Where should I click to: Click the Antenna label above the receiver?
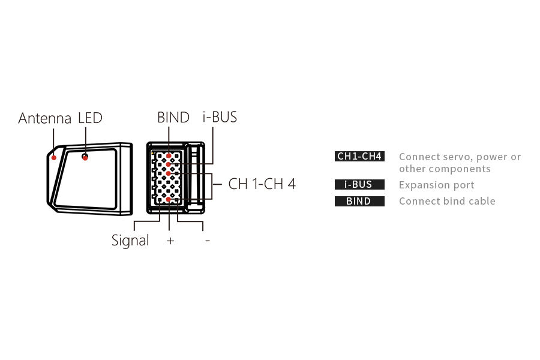[x=45, y=118]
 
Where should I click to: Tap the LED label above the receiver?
[x=90, y=118]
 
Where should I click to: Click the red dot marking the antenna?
[x=54, y=158]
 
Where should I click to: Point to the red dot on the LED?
[x=85, y=158]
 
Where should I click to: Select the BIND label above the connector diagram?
[x=173, y=118]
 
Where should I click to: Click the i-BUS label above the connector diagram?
[x=220, y=117]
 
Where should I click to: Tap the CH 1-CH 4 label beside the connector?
[x=262, y=184]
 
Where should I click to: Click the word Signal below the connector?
[x=130, y=241]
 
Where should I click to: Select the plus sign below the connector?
[x=170, y=241]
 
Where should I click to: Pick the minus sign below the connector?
[x=208, y=241]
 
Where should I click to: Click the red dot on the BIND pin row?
[x=169, y=156]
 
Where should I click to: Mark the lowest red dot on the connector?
[x=169, y=199]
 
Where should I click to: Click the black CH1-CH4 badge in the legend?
[x=359, y=157]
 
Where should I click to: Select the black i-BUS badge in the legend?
[x=359, y=185]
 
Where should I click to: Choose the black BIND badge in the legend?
[x=359, y=202]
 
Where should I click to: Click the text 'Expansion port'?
[x=436, y=185]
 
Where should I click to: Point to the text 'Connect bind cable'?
[x=447, y=201]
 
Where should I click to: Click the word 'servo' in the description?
[x=458, y=157]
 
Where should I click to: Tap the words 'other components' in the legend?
[x=445, y=169]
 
